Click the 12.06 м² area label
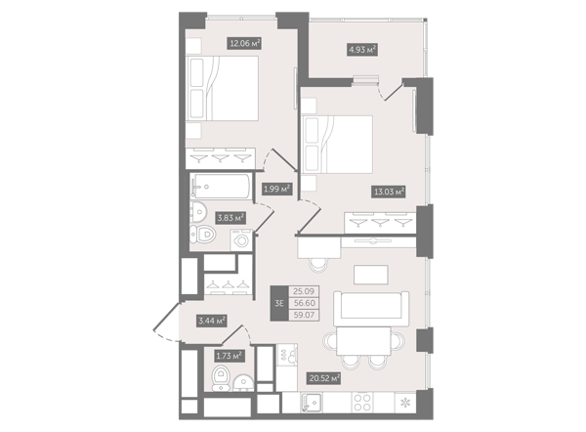(244, 43)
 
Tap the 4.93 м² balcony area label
(361, 50)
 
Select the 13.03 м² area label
(389, 192)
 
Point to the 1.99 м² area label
(277, 189)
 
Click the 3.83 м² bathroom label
(230, 217)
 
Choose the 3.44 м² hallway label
(212, 321)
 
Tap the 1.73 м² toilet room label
(230, 356)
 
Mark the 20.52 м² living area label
(324, 378)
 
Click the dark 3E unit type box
(279, 303)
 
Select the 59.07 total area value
(304, 315)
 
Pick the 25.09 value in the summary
(304, 291)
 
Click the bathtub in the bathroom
(221, 186)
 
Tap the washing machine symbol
(241, 239)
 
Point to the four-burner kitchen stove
(362, 403)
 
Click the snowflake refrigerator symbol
(405, 403)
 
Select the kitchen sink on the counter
(313, 403)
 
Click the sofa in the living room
(371, 309)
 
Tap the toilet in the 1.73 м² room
(222, 378)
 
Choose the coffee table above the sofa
(371, 275)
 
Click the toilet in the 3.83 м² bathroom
(202, 235)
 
